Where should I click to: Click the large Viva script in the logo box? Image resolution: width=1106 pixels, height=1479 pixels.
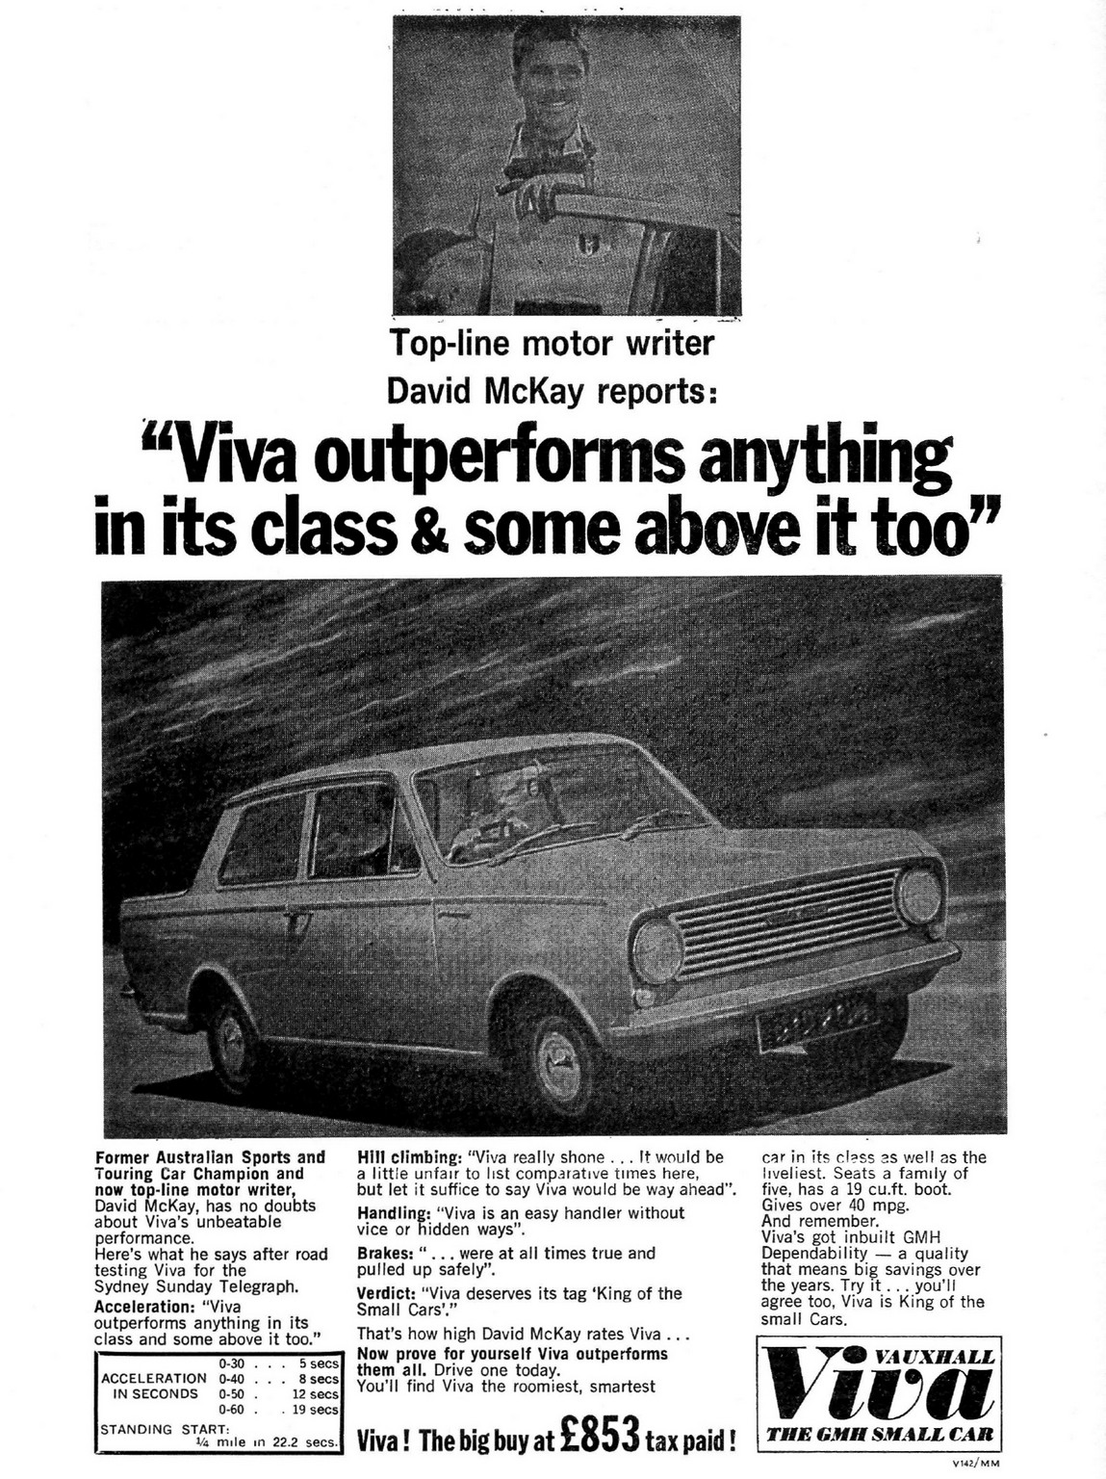click(877, 1393)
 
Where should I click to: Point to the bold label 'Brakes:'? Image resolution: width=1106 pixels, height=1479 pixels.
click(385, 1253)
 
